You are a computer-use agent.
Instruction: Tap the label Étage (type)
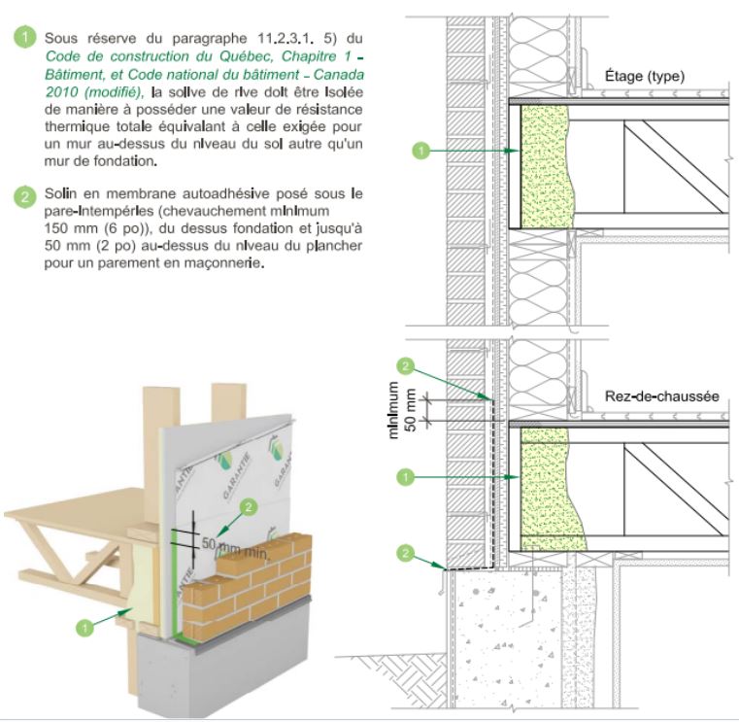tap(644, 75)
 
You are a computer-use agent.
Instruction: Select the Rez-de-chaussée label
tap(660, 395)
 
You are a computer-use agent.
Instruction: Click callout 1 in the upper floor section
tap(420, 150)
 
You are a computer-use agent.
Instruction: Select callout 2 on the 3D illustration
tap(248, 506)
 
